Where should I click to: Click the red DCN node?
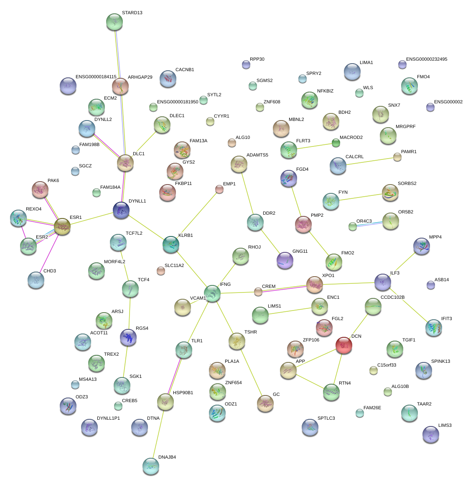click(343, 345)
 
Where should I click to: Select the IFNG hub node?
click(212, 293)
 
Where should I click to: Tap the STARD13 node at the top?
click(114, 22)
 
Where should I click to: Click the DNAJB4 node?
click(150, 466)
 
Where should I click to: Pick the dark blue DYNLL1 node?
click(121, 210)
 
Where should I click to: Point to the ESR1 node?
click(62, 226)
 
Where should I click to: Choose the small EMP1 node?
click(219, 190)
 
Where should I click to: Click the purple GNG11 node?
click(285, 260)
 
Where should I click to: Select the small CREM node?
click(258, 292)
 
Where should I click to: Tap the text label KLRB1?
click(186, 236)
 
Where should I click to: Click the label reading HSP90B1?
click(183, 393)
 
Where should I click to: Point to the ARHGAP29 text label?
click(140, 77)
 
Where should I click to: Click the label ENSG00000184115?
click(96, 77)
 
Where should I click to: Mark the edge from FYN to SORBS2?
click(360, 197)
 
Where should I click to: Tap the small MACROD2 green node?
click(336, 143)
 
